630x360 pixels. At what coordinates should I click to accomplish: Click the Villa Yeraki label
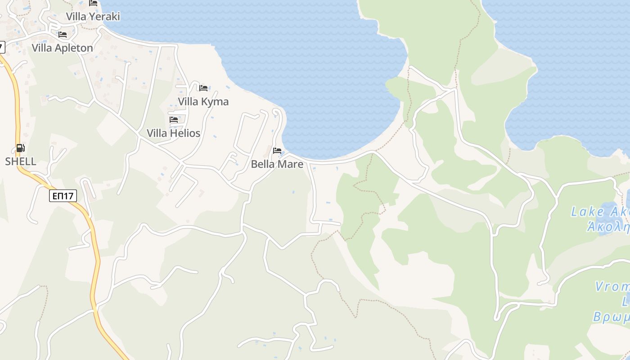pos(93,17)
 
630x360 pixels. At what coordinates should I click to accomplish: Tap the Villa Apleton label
pos(63,48)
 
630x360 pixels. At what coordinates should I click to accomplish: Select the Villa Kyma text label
pos(203,102)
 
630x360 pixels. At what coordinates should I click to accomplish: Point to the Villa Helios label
pos(173,133)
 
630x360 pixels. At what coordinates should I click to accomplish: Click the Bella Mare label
pos(277,164)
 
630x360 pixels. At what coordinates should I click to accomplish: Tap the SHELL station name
pos(21,162)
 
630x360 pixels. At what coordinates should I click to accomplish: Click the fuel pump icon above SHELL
pos(20,148)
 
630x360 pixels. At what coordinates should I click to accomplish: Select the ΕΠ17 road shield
pos(63,196)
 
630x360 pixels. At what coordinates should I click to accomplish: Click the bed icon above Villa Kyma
pos(203,88)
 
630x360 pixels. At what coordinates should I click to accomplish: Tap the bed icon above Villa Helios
pos(174,120)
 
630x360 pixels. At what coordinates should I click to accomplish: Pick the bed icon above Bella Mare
pos(277,150)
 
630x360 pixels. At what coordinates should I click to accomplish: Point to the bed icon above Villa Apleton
pos(63,34)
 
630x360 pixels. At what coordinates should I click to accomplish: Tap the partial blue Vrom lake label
pos(612,287)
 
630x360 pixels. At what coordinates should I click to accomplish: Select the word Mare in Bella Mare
pos(291,164)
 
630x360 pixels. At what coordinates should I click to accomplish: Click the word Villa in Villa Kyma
pos(188,102)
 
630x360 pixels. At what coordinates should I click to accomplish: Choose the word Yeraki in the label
pos(104,17)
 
